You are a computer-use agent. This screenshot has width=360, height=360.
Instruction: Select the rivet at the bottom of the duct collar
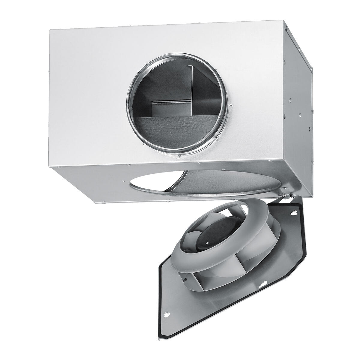(x=179, y=156)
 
